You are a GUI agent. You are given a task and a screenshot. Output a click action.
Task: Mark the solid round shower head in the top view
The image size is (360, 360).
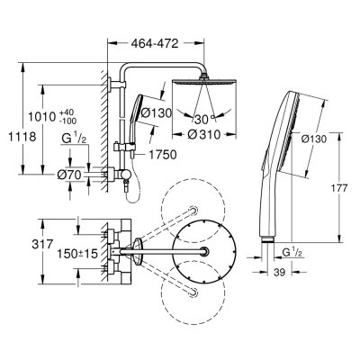[208, 251]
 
